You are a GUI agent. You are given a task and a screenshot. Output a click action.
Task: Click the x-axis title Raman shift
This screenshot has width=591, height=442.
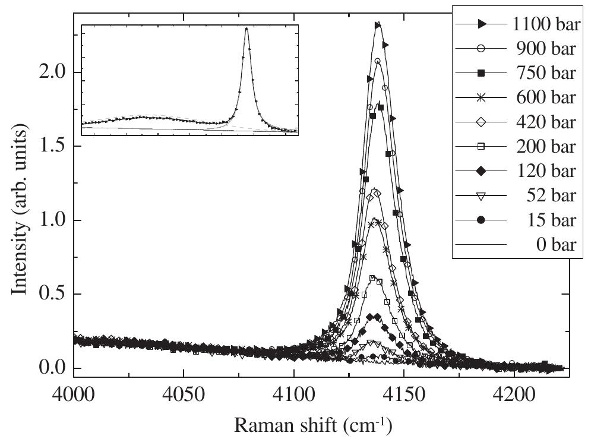(x=311, y=425)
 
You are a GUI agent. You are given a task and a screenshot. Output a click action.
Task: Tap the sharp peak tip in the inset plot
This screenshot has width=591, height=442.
(x=246, y=28)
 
